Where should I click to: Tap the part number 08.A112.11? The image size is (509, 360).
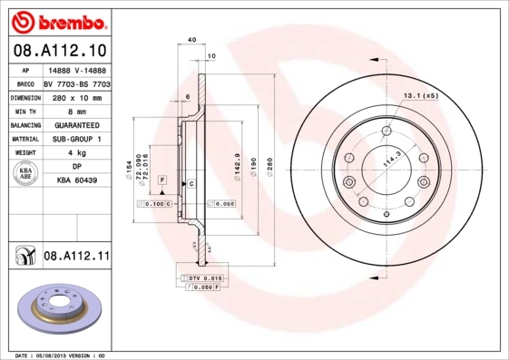76,258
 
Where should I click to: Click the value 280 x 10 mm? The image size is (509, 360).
76,96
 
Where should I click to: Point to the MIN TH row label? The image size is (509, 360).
26,111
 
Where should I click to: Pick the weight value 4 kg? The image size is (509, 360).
76,153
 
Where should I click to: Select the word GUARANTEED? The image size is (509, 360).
76,124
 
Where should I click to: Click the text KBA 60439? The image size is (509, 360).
76,182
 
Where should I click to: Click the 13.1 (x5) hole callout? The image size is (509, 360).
421,95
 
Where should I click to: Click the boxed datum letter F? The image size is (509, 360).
162,181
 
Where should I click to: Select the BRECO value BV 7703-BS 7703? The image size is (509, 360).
76,82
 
